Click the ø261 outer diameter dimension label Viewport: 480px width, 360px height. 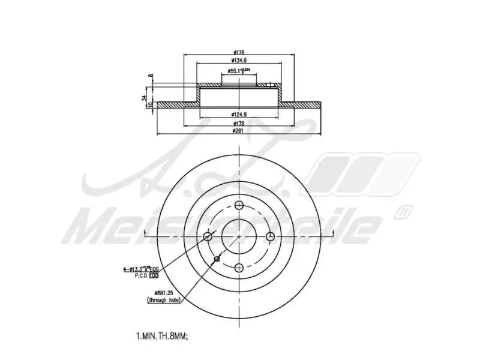tap(239, 131)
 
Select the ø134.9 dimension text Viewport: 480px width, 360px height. tap(239, 61)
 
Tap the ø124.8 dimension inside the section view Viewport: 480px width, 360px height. tap(239, 114)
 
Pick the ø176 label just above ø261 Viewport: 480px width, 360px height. tap(239, 122)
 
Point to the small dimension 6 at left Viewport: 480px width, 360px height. tap(150, 76)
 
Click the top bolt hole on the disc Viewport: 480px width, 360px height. tap(239, 205)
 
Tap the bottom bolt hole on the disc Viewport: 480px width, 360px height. tap(239, 268)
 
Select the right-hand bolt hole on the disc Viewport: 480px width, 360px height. tap(270, 236)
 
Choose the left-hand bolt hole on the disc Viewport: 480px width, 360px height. tap(208, 236)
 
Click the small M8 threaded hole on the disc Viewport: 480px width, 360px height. tap(217, 259)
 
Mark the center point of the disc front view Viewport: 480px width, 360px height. tap(239, 236)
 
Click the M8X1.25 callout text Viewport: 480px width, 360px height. tap(157, 292)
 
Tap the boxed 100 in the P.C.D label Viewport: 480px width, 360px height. tap(154, 275)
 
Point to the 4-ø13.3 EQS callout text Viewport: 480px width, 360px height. tap(141, 269)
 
